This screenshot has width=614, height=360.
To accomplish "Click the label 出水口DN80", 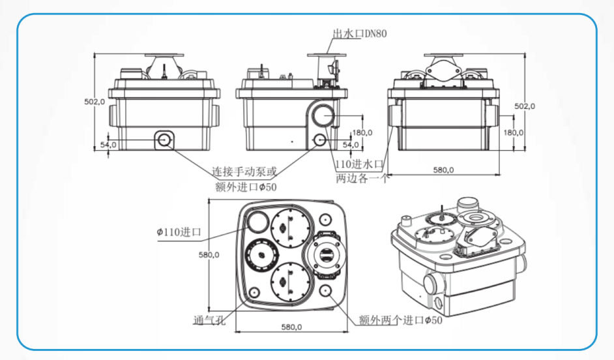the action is [360, 34].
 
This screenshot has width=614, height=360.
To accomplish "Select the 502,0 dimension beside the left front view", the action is [95, 102].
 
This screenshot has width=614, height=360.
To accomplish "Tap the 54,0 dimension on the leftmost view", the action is [108, 145].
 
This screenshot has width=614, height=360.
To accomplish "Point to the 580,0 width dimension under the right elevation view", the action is [443, 170].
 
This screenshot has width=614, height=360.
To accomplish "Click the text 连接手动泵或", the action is [244, 172].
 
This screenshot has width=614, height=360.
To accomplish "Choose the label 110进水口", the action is [358, 164].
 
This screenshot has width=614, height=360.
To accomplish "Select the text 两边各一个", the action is [363, 178].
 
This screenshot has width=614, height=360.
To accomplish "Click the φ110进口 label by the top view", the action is [179, 232].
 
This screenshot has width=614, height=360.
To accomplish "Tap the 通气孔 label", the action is [209, 320].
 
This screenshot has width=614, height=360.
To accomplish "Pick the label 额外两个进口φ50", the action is [401, 320].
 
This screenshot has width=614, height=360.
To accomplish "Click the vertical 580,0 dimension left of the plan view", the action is [209, 255].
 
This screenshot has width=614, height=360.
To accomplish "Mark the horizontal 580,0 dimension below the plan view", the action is [291, 327].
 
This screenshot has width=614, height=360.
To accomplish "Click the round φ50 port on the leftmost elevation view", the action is [164, 140].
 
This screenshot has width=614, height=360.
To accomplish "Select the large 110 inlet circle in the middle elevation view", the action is [324, 116].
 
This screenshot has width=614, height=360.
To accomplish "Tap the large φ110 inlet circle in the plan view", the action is [257, 222].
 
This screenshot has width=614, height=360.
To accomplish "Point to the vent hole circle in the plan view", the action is [254, 292].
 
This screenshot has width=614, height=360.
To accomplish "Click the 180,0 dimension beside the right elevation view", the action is [514, 133].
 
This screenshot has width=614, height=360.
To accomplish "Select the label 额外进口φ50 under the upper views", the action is [246, 187].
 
